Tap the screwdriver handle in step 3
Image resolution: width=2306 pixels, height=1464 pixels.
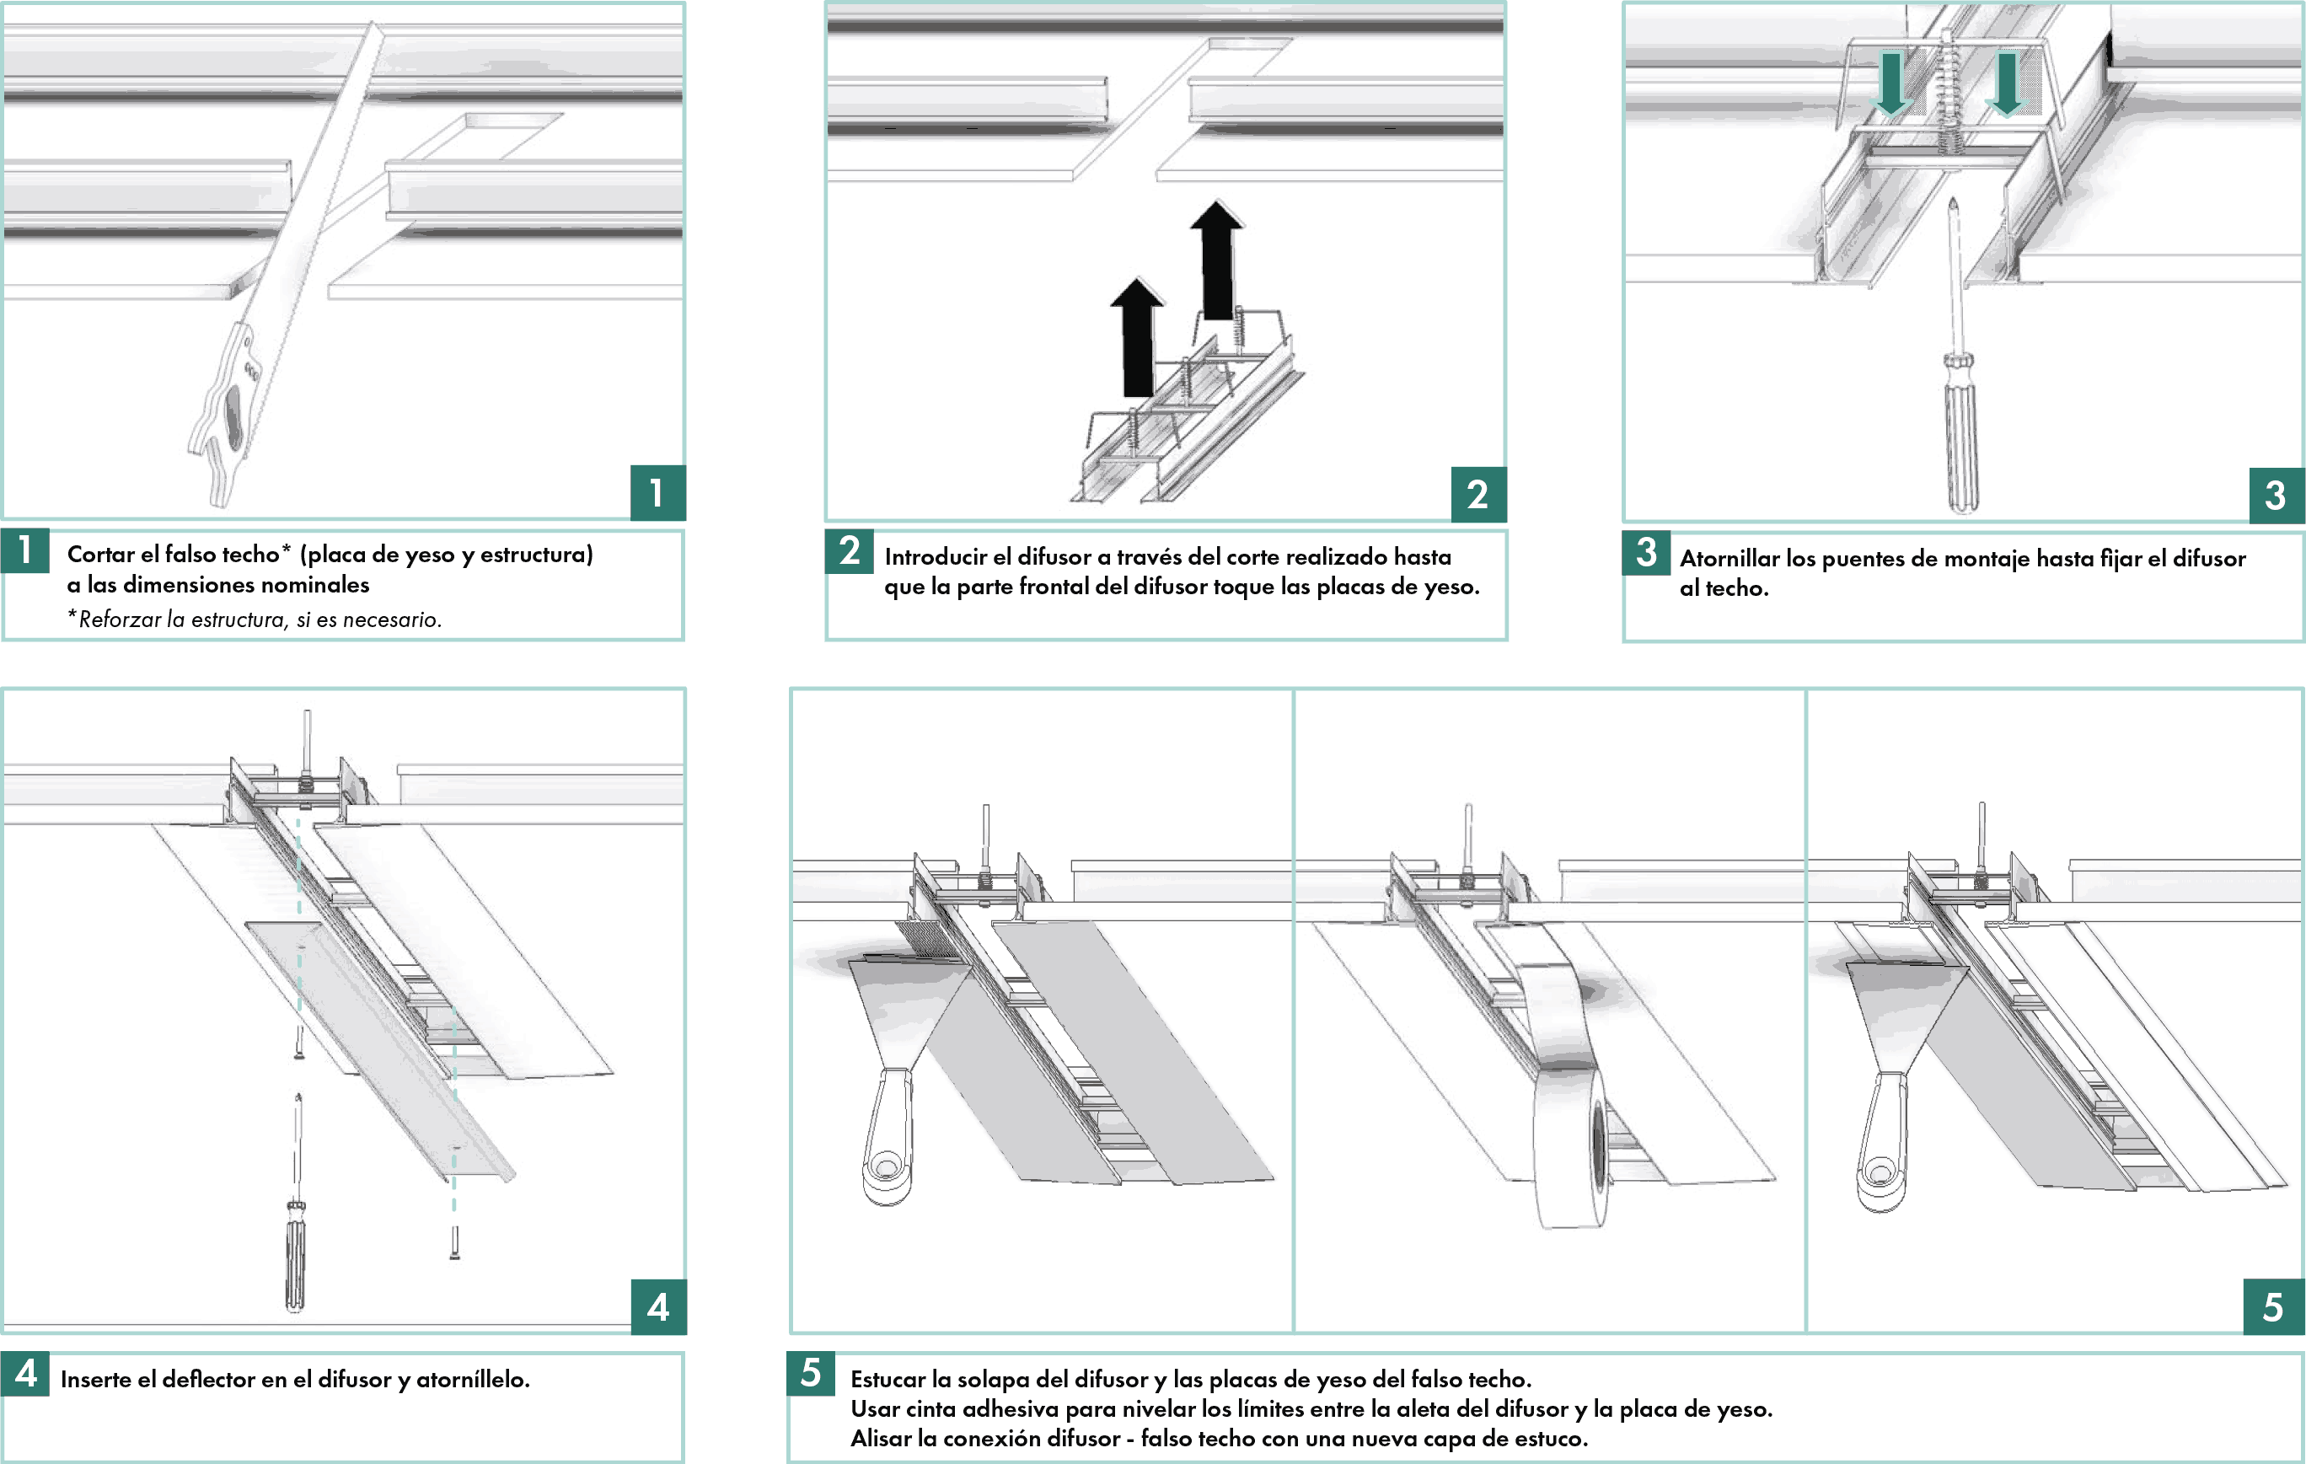(1961, 436)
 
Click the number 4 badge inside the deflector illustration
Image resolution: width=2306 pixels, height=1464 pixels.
(659, 1307)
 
